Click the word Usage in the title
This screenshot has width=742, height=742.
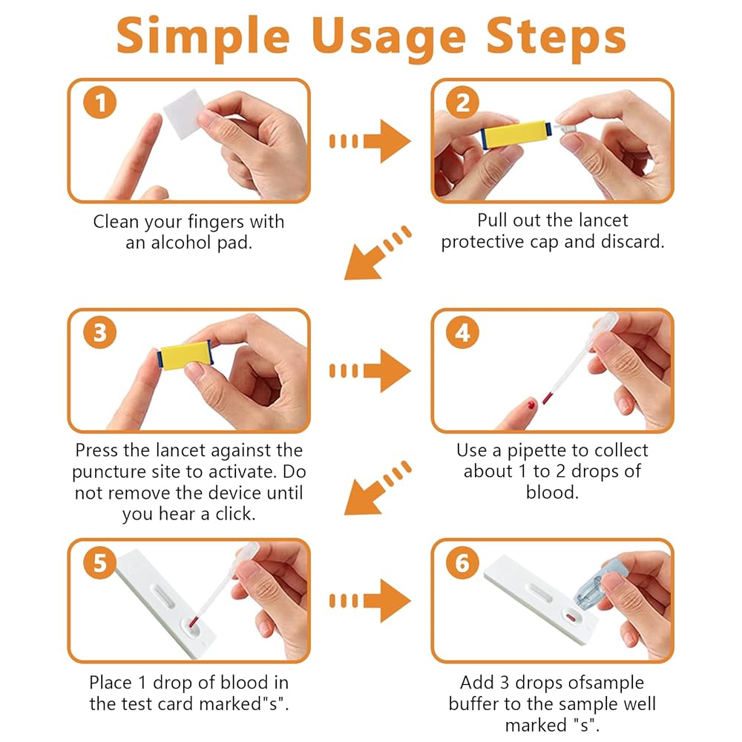(x=389, y=39)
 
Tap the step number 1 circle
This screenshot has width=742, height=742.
(x=100, y=102)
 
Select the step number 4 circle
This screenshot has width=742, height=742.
(x=463, y=332)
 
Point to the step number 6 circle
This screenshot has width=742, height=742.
(x=463, y=562)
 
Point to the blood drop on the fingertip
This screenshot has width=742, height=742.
(x=531, y=404)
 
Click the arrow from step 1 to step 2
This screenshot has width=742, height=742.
(x=370, y=141)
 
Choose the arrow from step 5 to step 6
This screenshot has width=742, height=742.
(x=370, y=601)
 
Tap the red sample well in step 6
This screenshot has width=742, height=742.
(x=571, y=617)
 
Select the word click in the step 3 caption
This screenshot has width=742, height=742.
(x=236, y=514)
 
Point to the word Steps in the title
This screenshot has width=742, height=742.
(x=556, y=39)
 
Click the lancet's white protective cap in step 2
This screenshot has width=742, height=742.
(x=565, y=130)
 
